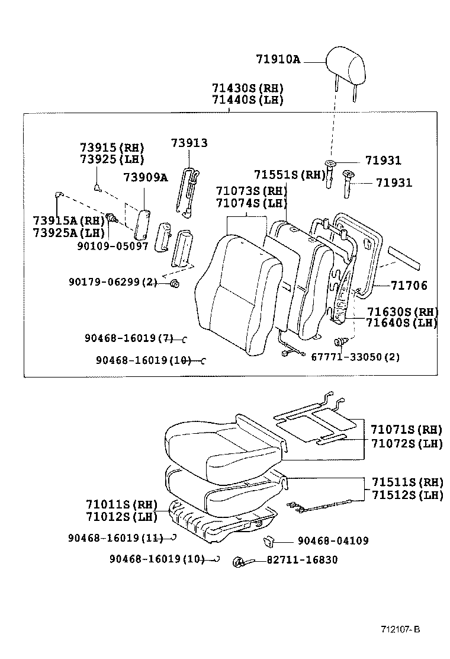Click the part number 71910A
[x=278, y=59]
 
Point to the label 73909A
[x=145, y=177]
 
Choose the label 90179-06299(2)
[x=112, y=283]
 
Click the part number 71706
[x=409, y=286]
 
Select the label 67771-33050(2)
[x=355, y=357]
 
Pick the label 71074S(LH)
[x=251, y=203]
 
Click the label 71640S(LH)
[x=401, y=323]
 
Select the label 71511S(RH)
[x=407, y=482]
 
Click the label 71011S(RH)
[x=121, y=505]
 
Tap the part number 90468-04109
[x=333, y=540]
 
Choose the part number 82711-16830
[x=302, y=559]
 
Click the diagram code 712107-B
[x=400, y=629]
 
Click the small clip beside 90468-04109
[x=268, y=539]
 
